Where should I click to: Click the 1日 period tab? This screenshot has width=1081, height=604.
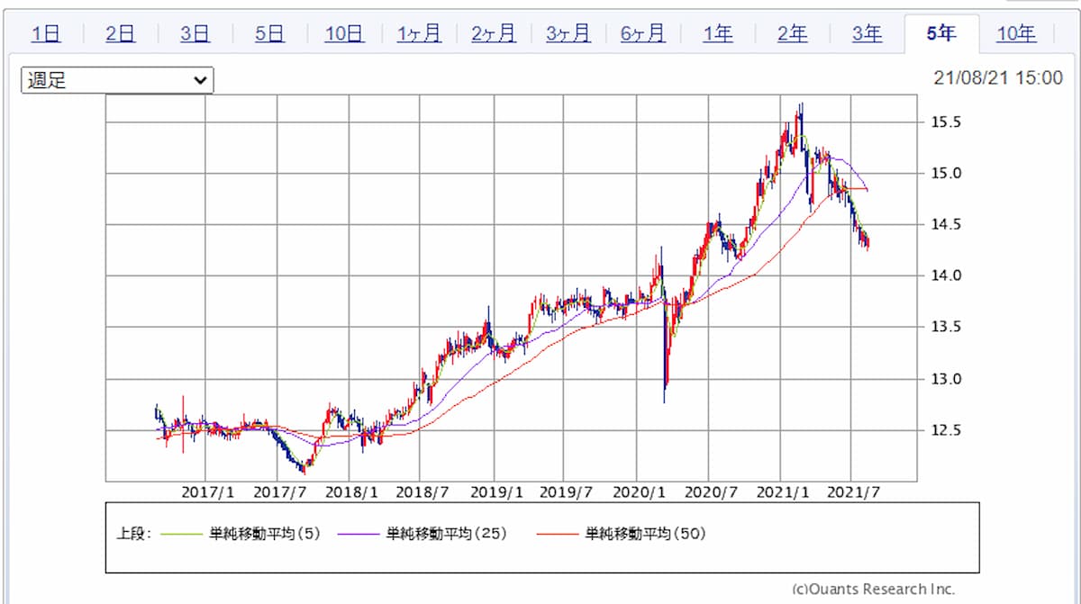click(46, 34)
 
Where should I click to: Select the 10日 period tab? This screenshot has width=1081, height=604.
click(344, 34)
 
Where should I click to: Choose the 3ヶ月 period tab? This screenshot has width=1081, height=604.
click(568, 34)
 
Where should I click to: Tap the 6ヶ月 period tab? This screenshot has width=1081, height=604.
click(643, 34)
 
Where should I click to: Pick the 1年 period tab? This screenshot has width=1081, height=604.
click(718, 34)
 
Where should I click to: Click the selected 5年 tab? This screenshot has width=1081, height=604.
click(941, 34)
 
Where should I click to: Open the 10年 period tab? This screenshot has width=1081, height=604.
click(1016, 34)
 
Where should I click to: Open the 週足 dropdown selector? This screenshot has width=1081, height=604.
click(117, 80)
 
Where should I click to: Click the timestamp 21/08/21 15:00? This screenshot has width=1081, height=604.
click(998, 78)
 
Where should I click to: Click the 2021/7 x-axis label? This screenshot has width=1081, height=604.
click(852, 493)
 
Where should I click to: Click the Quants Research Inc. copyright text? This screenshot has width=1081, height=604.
click(873, 589)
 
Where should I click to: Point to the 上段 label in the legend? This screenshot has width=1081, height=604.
click(135, 534)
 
